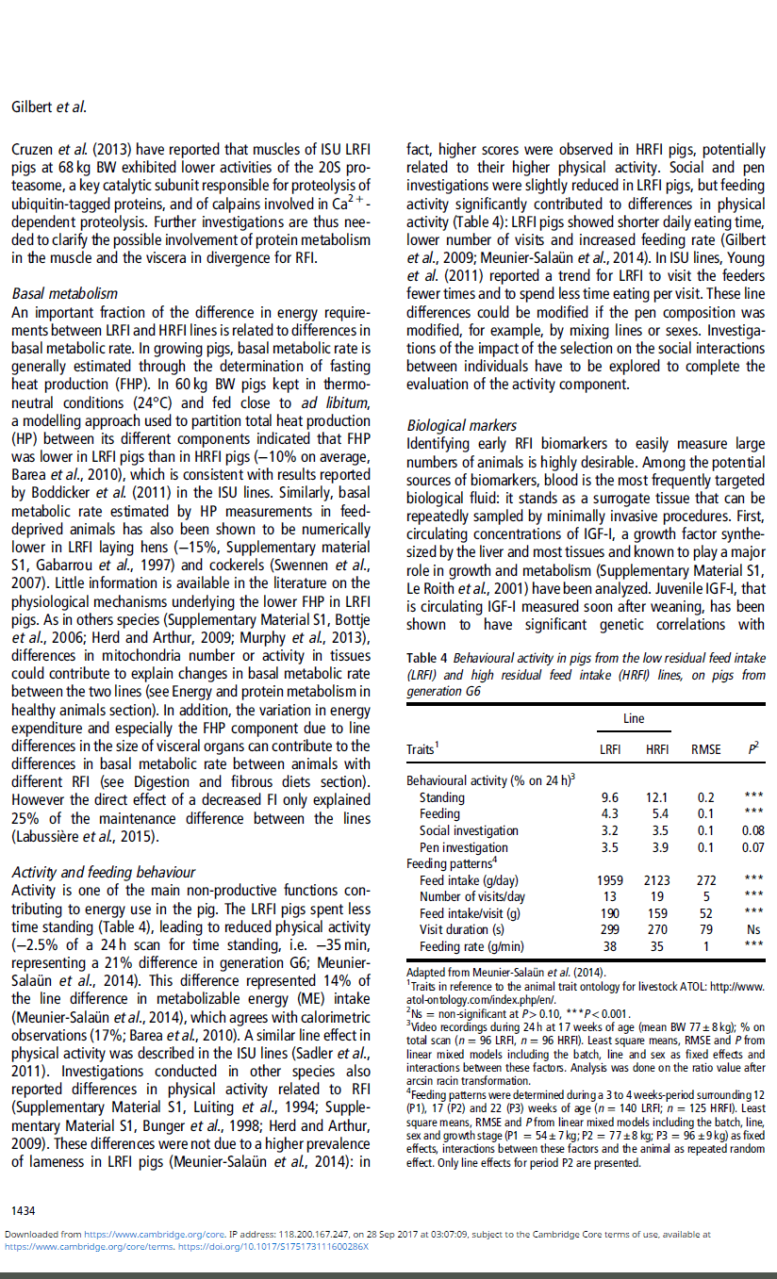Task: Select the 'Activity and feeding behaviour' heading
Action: pos(103,873)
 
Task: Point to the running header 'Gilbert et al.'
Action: pos(48,107)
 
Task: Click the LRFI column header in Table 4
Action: pos(610,749)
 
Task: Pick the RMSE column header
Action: pos(705,749)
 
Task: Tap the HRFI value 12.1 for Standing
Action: pos(656,797)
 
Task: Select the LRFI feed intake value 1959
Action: pos(610,880)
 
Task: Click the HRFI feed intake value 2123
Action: pos(656,880)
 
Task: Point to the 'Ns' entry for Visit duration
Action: pos(753,929)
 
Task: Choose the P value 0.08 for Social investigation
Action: pos(753,830)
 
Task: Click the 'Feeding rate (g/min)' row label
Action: pos(471,946)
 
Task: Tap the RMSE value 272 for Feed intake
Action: pos(706,880)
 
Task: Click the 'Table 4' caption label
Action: pos(427,658)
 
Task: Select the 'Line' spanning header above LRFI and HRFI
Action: pos(634,718)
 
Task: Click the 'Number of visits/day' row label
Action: pos(472,896)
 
